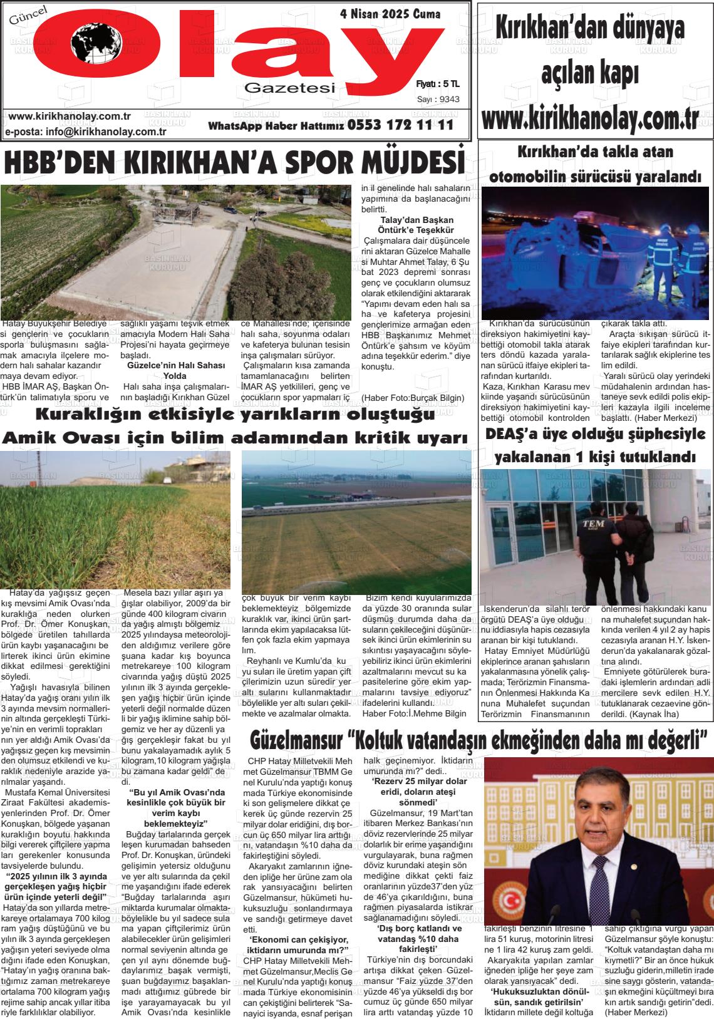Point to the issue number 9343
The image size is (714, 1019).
[x=448, y=99]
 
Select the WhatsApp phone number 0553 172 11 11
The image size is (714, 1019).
[x=400, y=125]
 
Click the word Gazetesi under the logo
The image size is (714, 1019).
[x=290, y=89]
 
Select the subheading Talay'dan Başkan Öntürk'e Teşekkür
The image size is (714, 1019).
[x=416, y=225]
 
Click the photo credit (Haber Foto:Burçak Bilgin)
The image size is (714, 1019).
[x=413, y=398]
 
